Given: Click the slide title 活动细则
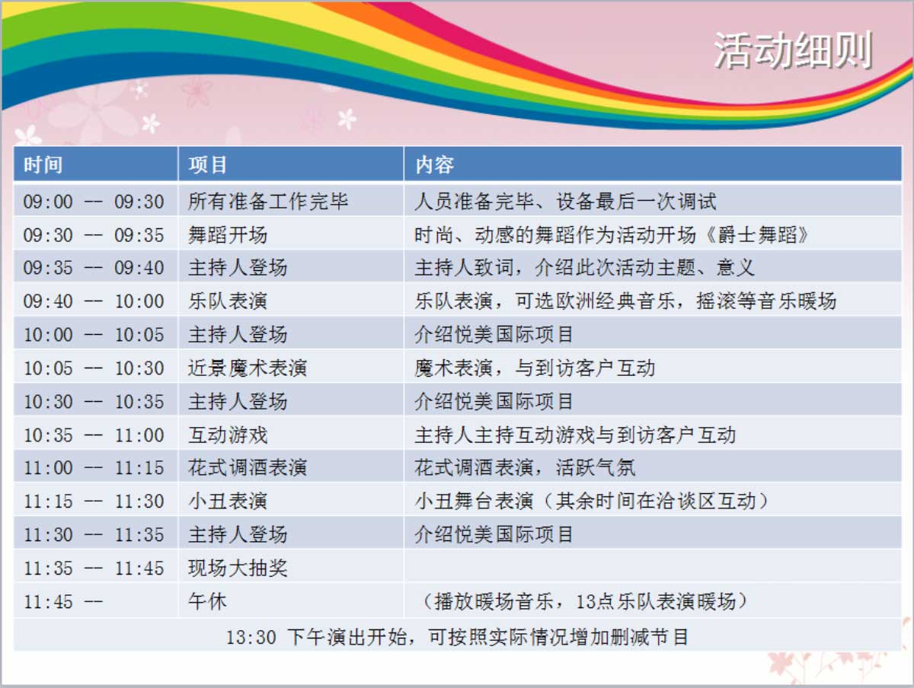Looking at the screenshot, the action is pyautogui.click(x=793, y=50).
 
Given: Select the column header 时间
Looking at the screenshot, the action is pyautogui.click(x=43, y=164).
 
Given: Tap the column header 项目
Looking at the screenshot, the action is pyautogui.click(x=207, y=164).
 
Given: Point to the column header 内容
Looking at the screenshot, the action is pyautogui.click(x=434, y=164).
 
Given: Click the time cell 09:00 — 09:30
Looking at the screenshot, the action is pyautogui.click(x=94, y=202).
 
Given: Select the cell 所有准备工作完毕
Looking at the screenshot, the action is pyautogui.click(x=268, y=202).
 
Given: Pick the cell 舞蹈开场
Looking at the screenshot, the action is pyautogui.click(x=227, y=234).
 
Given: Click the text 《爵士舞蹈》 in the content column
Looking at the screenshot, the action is pyautogui.click(x=757, y=234).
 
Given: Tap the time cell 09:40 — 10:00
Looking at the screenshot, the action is pyautogui.click(x=94, y=301).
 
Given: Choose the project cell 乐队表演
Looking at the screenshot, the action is pyautogui.click(x=227, y=301).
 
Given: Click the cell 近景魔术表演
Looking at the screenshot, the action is pyautogui.click(x=248, y=368).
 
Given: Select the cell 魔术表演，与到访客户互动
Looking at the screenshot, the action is pyautogui.click(x=535, y=368).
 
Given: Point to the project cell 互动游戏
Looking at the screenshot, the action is pyautogui.click(x=227, y=435).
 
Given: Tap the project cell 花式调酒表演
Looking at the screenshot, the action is pyautogui.click(x=248, y=467).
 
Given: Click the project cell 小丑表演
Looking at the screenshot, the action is pyautogui.click(x=227, y=501).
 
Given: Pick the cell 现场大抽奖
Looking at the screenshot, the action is pyautogui.click(x=238, y=568).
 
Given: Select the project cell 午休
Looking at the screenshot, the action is pyautogui.click(x=207, y=601).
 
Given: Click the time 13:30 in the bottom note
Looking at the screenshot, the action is pyautogui.click(x=251, y=637).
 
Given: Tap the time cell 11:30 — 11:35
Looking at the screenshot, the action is pyautogui.click(x=94, y=535).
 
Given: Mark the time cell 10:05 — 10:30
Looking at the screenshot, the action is pyautogui.click(x=94, y=368).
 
